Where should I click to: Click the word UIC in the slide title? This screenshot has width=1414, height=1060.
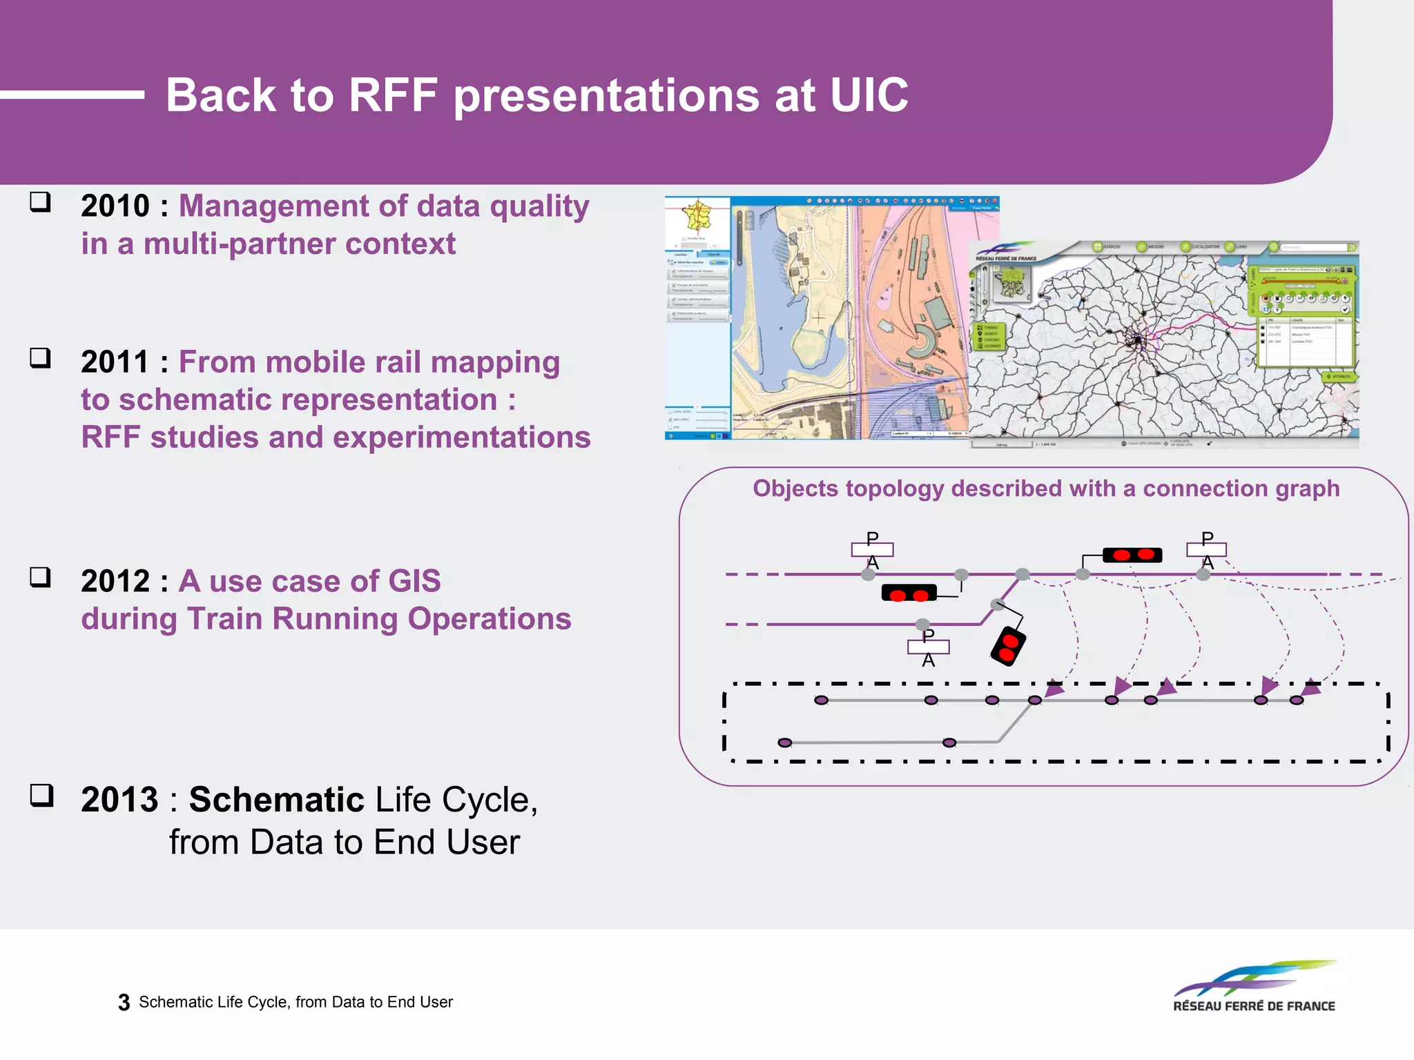(869, 95)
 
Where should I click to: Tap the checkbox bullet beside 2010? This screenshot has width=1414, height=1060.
(41, 202)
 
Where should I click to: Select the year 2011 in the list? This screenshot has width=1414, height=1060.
(115, 362)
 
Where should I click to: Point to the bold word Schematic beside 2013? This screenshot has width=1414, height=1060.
(276, 800)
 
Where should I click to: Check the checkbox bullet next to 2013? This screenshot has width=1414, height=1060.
(41, 796)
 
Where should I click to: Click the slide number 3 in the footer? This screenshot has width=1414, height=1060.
(124, 1002)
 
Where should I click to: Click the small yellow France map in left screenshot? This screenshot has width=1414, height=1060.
(697, 216)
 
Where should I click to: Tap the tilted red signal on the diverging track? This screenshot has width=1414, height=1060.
(1008, 646)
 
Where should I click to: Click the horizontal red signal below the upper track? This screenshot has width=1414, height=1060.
(909, 593)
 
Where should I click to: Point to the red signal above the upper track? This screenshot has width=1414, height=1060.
(1132, 555)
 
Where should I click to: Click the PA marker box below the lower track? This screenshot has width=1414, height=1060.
(928, 647)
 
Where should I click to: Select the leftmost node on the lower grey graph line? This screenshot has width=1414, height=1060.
(784, 743)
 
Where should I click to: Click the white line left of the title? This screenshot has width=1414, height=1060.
(72, 95)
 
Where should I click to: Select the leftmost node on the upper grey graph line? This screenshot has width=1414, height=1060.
(821, 700)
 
